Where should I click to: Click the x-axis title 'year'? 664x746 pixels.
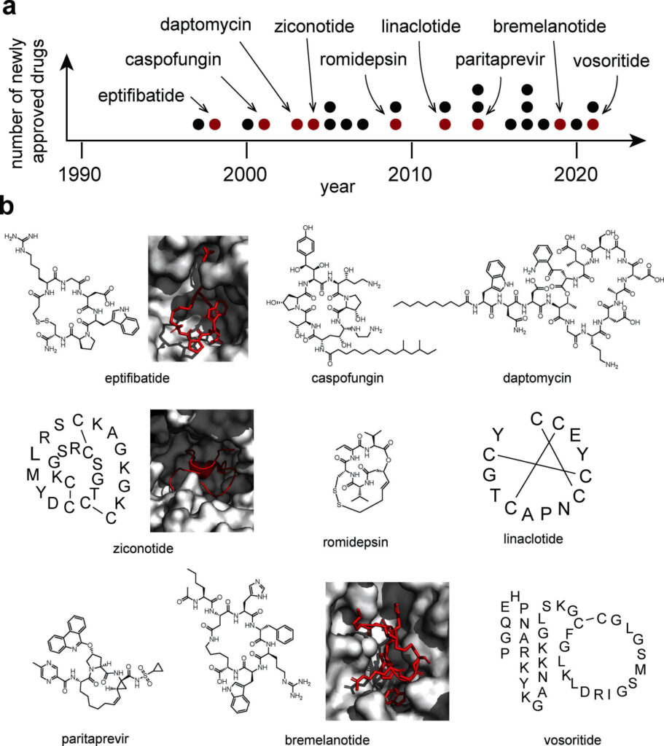(x=337, y=187)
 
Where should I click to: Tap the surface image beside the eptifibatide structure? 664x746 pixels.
(x=198, y=299)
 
